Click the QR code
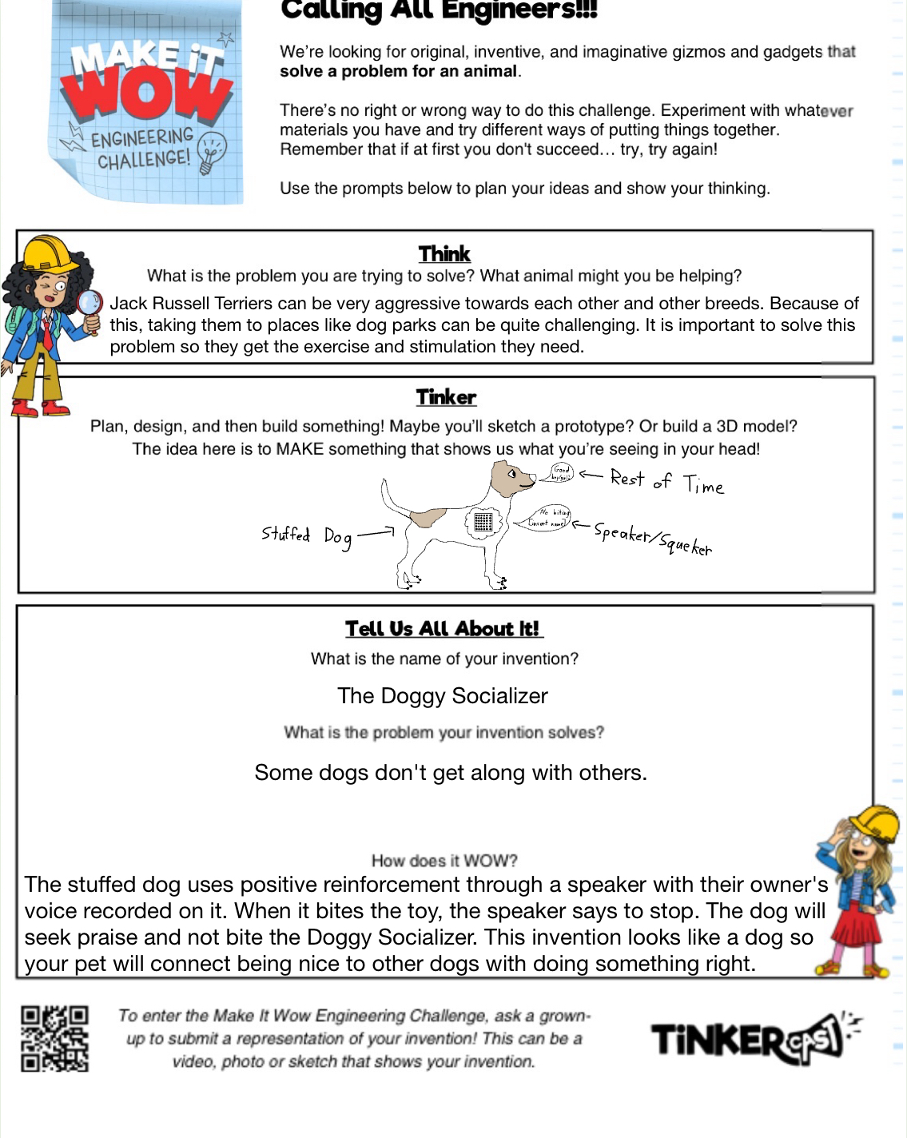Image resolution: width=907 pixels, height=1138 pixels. click(x=54, y=1038)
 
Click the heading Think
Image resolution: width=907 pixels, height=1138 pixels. click(x=444, y=254)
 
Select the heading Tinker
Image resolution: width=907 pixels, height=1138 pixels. click(x=445, y=397)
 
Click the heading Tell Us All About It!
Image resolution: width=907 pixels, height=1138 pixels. click(x=444, y=629)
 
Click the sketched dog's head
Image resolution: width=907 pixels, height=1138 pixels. click(x=511, y=478)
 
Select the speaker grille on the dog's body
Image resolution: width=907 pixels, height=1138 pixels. click(x=483, y=522)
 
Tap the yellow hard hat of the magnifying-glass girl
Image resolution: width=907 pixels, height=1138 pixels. click(x=50, y=254)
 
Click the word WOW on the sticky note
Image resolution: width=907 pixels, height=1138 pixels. click(x=144, y=94)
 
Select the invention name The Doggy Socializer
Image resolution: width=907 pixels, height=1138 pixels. click(x=443, y=696)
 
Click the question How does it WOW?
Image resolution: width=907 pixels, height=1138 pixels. click(x=444, y=861)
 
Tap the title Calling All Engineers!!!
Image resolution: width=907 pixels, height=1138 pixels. click(x=439, y=11)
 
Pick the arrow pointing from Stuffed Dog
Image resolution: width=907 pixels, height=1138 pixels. click(x=376, y=532)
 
